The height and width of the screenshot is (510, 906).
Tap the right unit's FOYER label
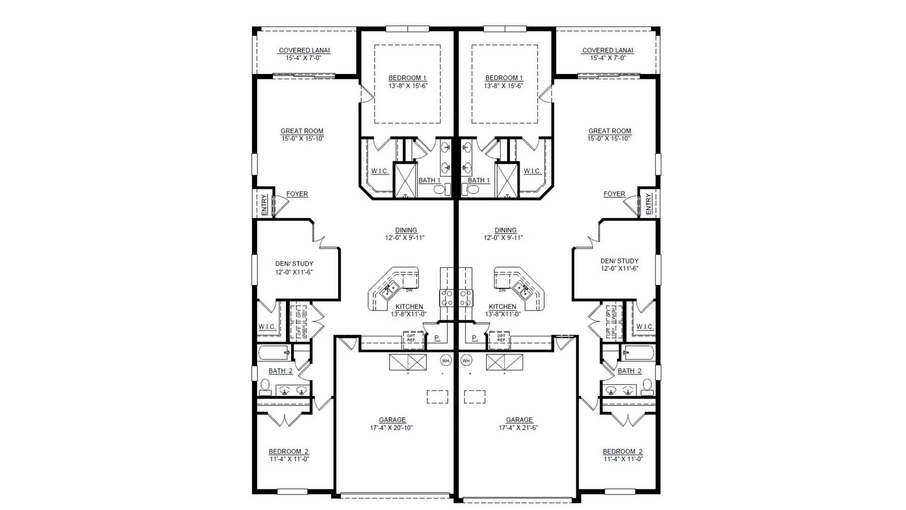(614, 194)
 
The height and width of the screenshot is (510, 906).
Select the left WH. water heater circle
(445, 360)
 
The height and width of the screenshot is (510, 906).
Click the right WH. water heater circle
(466, 360)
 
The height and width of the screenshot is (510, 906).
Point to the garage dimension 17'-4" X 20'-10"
(391, 428)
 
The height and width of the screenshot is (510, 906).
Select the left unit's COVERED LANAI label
(304, 50)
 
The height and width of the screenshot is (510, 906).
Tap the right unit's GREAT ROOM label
(609, 131)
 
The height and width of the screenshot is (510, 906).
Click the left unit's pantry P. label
(437, 338)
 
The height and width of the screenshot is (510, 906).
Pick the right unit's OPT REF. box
(501, 338)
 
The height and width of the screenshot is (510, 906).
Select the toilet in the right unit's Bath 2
(647, 386)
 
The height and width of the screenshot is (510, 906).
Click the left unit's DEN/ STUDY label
(294, 264)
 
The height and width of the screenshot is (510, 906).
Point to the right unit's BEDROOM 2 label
(622, 451)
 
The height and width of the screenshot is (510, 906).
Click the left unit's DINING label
(406, 230)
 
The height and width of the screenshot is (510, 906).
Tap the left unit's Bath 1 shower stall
(405, 180)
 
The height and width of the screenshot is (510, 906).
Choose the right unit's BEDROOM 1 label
(504, 78)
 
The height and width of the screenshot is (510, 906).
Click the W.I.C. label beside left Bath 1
(379, 171)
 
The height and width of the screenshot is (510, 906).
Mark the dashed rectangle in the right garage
(474, 397)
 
